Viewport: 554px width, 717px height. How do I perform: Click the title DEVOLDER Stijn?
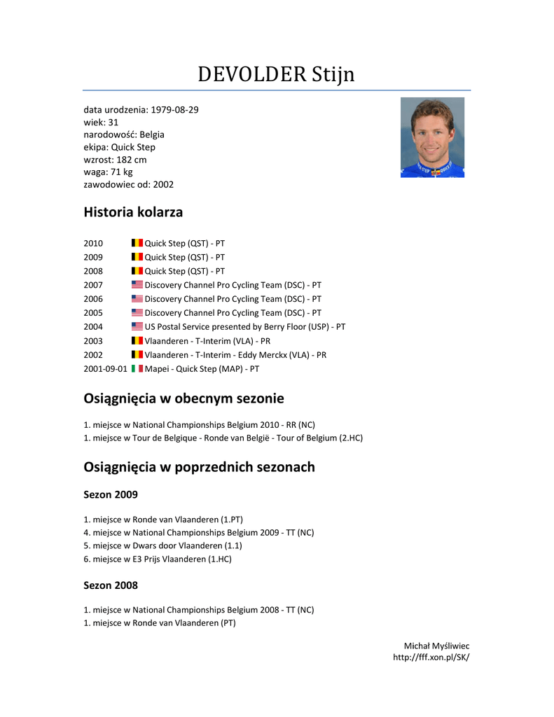[276, 74]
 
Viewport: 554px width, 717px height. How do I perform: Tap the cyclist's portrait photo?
[432, 137]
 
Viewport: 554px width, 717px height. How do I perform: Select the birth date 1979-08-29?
[174, 110]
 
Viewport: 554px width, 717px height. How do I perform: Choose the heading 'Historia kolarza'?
[133, 211]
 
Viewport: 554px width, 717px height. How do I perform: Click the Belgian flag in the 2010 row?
[137, 243]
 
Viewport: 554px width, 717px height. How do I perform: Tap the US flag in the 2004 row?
[137, 327]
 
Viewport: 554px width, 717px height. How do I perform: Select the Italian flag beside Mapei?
[137, 368]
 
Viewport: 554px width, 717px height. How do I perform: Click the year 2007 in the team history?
[93, 285]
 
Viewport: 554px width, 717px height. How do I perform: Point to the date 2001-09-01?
[105, 368]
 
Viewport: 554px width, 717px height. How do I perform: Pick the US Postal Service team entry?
[244, 327]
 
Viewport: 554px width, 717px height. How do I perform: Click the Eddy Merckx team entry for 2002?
[235, 355]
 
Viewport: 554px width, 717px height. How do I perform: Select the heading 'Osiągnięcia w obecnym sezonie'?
[183, 398]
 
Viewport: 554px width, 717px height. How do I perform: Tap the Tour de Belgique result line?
[223, 438]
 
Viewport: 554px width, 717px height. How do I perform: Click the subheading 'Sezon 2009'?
[111, 494]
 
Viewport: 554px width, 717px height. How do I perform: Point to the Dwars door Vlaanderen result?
[162, 545]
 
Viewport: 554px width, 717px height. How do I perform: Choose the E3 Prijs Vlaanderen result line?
[157, 559]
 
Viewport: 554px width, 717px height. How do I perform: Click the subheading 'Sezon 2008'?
[111, 585]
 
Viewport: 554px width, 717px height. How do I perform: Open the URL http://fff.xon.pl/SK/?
[431, 657]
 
